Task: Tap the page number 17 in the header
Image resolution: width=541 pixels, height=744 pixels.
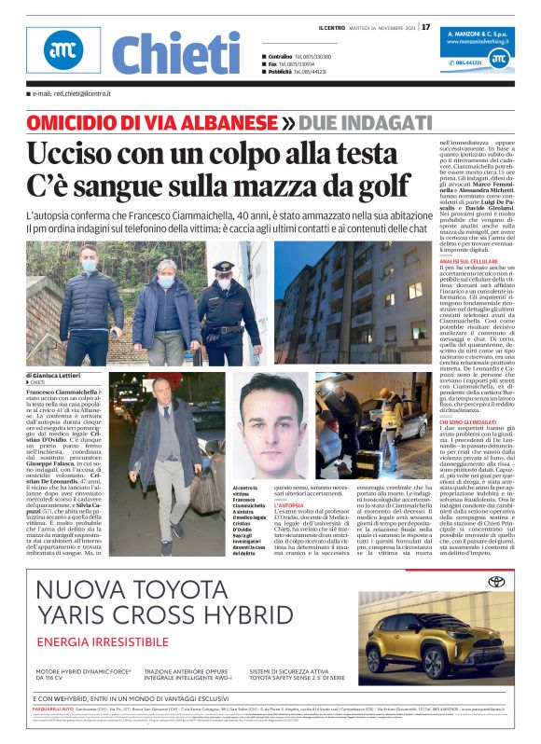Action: point(426,27)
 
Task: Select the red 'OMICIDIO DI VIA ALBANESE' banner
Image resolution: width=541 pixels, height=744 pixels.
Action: point(152,123)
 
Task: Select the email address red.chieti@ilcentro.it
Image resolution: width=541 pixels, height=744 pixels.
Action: point(70,94)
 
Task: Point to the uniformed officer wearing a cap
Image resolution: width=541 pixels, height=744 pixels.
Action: point(225,308)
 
